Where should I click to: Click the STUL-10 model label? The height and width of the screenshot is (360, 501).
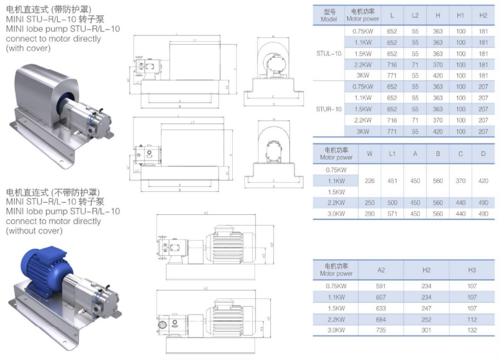click(329, 53)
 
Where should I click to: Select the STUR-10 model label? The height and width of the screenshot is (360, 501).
click(329, 109)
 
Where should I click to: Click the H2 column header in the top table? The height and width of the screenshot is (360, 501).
click(483, 15)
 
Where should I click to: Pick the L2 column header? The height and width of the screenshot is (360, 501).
click(415, 15)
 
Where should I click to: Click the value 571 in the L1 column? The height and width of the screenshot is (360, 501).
click(392, 214)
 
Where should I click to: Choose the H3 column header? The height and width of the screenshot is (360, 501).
click(472, 269)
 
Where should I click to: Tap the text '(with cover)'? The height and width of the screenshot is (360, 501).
click(29, 48)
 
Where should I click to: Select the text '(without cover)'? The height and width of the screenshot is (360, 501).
click(35, 230)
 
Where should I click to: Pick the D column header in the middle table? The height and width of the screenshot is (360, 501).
click(483, 153)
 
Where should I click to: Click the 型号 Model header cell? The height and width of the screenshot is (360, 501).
click(329, 15)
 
